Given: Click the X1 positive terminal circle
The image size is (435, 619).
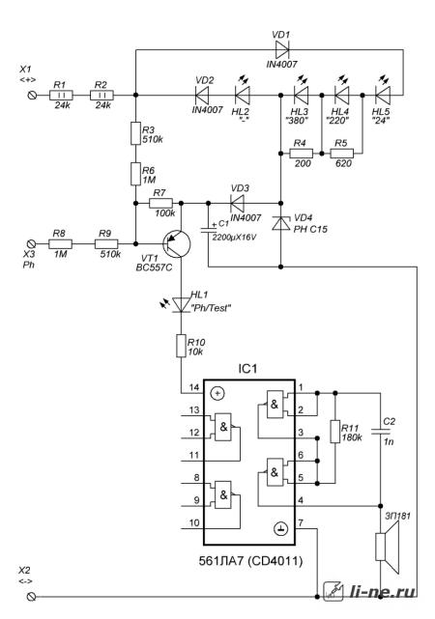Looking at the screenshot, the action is (x=33, y=96).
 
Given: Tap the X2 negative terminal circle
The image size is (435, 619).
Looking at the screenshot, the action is (x=33, y=597).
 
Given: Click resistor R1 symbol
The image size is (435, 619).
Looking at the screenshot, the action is (x=61, y=96).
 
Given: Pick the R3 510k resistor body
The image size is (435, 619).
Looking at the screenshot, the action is (x=135, y=133).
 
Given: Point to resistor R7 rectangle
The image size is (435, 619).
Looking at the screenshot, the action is (x=160, y=204).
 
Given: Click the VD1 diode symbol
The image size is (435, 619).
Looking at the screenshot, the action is (x=282, y=50).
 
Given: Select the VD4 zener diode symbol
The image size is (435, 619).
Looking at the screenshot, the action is (x=281, y=223).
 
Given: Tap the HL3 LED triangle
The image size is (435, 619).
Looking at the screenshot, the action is (x=301, y=96).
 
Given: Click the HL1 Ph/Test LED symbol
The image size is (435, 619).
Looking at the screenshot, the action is (x=181, y=304).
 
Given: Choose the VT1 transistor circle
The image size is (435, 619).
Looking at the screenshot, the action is (x=177, y=243).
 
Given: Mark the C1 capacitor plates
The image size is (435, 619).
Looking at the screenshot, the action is (x=208, y=230).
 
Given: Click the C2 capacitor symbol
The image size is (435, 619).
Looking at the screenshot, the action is (x=381, y=431).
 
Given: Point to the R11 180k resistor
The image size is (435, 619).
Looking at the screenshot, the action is (x=335, y=432).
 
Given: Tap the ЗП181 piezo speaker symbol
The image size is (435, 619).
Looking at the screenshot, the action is (x=387, y=547).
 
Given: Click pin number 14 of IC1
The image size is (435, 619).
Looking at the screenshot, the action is (x=194, y=387).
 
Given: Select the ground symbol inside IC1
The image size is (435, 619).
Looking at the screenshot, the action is (x=281, y=528).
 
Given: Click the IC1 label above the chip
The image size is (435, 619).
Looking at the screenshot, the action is (x=247, y=369).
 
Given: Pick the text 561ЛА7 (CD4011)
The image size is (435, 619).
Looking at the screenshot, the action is (x=251, y=561).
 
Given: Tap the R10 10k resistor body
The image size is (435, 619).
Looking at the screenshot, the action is (x=181, y=346).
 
